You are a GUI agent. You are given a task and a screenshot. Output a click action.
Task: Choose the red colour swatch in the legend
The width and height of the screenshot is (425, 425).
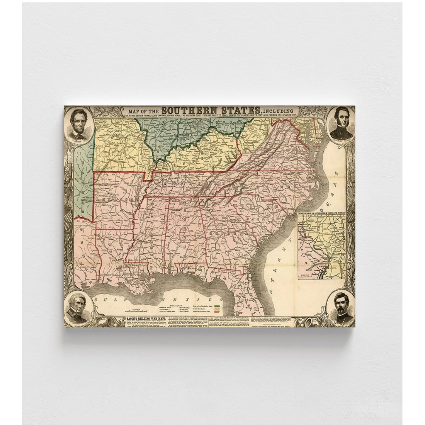pyautogui.click(x=218, y=312)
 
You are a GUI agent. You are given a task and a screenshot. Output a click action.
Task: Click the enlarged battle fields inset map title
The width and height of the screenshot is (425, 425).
pyautogui.click(x=321, y=212)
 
